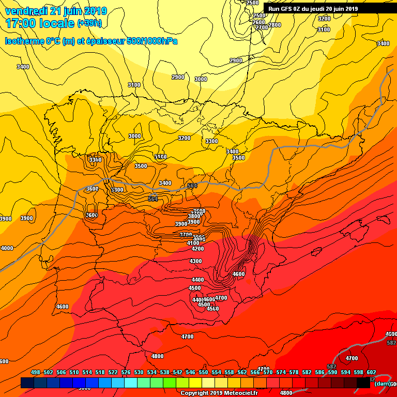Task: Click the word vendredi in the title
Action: (x=28, y=11)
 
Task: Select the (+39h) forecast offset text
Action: (x=89, y=23)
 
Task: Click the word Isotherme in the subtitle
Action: (x=24, y=41)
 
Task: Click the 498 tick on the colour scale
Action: (x=36, y=372)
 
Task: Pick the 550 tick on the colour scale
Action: (x=203, y=372)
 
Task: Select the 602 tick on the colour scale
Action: (x=371, y=372)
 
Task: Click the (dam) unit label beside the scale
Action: (x=383, y=384)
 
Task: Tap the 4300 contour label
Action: (x=196, y=261)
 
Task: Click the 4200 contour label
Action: (x=197, y=249)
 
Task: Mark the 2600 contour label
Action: (x=259, y=22)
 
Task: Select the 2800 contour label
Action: (x=275, y=25)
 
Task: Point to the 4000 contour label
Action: (x=7, y=249)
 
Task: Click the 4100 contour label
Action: (x=193, y=243)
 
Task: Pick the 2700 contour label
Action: (x=262, y=27)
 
